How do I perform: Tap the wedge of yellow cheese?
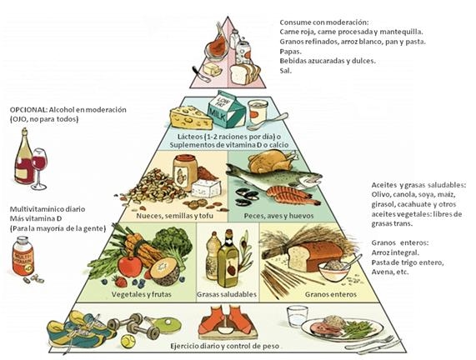(191, 117)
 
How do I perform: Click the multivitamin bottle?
(23, 256)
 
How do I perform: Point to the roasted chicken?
(272, 162)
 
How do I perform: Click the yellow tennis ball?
(128, 341)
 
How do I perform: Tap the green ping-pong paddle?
(163, 324)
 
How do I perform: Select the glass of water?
(297, 317)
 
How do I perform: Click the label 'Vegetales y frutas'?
(141, 294)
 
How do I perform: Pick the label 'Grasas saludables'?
(227, 294)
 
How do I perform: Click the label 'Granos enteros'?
(331, 294)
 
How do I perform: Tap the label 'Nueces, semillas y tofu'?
(174, 216)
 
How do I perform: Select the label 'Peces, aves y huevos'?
(278, 216)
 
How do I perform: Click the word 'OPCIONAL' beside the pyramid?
(28, 109)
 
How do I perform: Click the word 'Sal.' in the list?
(285, 71)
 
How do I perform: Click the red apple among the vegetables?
(130, 266)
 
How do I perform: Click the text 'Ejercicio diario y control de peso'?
(224, 346)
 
